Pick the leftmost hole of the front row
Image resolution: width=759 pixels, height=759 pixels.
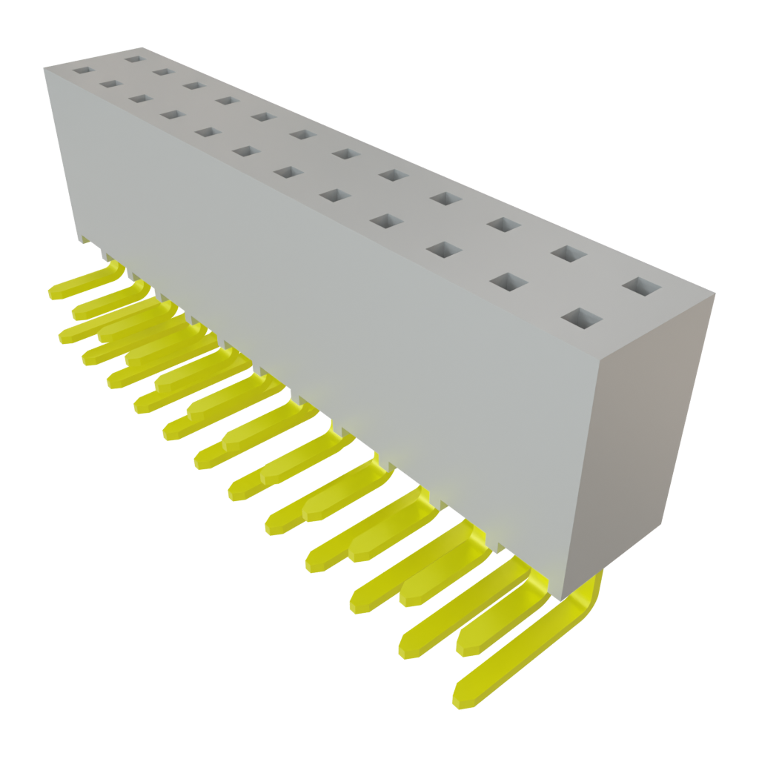[81, 72]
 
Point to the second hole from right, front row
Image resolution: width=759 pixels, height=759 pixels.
[505, 282]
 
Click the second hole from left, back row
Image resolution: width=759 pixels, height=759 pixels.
[165, 72]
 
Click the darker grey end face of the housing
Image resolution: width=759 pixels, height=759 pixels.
[652, 445]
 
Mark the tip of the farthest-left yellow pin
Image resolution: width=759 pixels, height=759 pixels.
[53, 293]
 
